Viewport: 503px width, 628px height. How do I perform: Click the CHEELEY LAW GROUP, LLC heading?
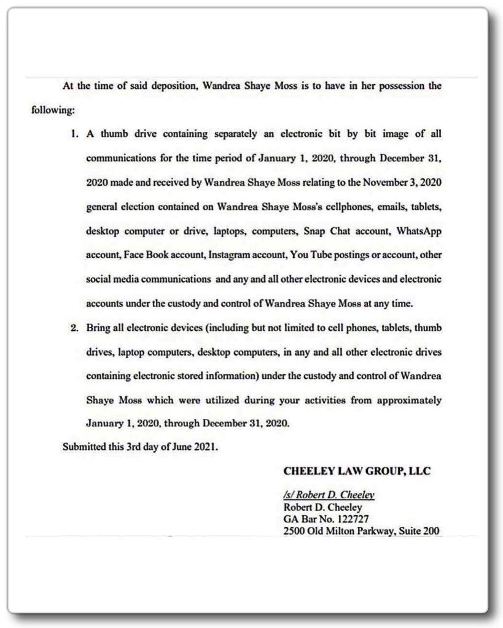pos(356,472)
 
